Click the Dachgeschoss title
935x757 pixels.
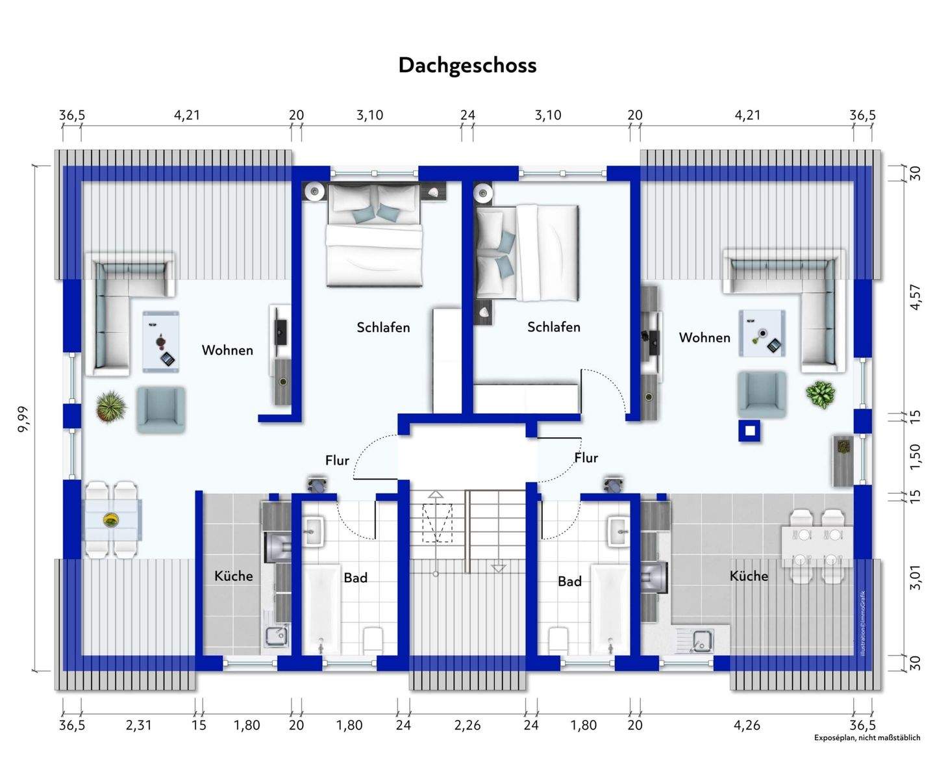pyautogui.click(x=467, y=66)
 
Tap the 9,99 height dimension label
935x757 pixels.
pyautogui.click(x=23, y=418)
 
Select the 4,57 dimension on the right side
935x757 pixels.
pyautogui.click(x=916, y=297)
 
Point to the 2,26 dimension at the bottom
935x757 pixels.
pyautogui.click(x=467, y=725)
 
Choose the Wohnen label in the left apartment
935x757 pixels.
pyautogui.click(x=227, y=350)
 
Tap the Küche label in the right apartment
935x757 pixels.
pyautogui.click(x=749, y=576)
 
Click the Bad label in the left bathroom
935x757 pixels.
pyautogui.click(x=356, y=577)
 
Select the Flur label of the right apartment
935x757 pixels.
pyautogui.click(x=586, y=458)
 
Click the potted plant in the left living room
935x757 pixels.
pyautogui.click(x=111, y=407)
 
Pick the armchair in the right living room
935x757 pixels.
pyautogui.click(x=762, y=394)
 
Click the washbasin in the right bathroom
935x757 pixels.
pyautogui.click(x=619, y=532)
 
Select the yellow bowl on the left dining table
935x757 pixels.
pyautogui.click(x=111, y=520)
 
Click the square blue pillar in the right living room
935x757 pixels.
pyautogui.click(x=749, y=431)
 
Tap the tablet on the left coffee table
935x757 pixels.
pyautogui.click(x=168, y=359)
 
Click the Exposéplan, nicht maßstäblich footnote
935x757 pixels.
pyautogui.click(x=867, y=738)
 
